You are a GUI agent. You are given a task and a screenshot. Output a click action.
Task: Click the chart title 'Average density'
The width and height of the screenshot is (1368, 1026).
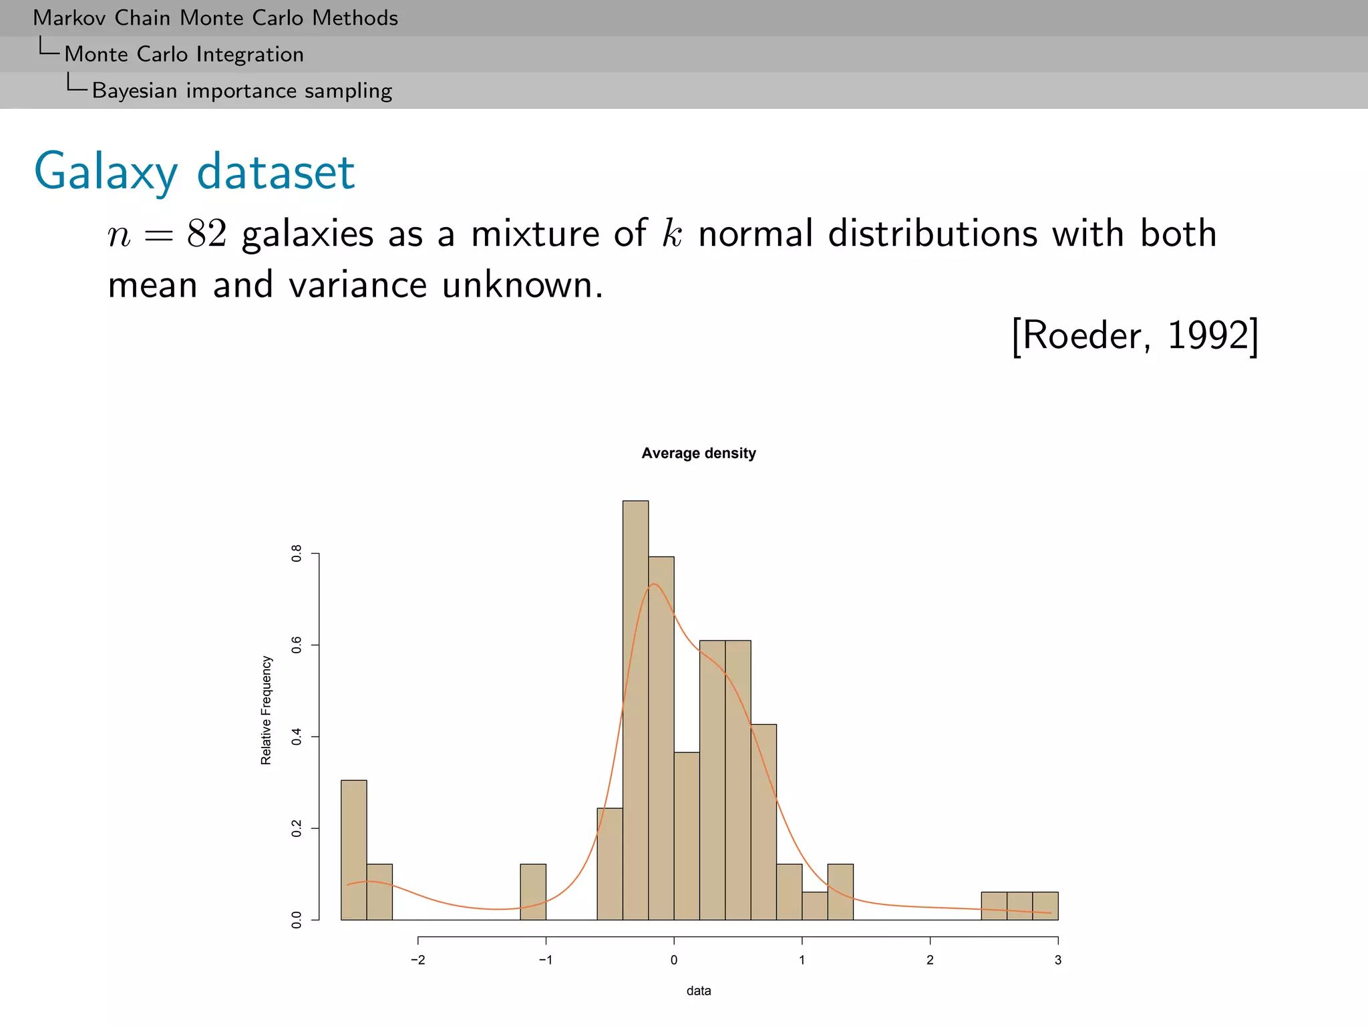[x=698, y=454]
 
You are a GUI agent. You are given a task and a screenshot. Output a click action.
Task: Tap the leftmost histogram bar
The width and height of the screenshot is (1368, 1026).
[x=353, y=850]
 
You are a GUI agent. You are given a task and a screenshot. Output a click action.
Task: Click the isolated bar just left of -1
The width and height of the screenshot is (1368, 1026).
[x=533, y=892]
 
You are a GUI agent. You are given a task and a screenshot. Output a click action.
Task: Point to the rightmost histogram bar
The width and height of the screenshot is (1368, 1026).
[x=1045, y=906]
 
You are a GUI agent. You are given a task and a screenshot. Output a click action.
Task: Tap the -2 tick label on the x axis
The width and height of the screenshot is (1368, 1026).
[x=417, y=961]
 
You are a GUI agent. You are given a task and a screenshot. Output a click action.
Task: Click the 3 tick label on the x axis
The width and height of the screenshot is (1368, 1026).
[x=1057, y=961]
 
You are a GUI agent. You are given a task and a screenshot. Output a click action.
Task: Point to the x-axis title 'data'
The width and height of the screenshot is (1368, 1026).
[x=698, y=991]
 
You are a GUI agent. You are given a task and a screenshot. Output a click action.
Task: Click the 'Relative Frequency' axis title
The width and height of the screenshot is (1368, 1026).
[x=267, y=710]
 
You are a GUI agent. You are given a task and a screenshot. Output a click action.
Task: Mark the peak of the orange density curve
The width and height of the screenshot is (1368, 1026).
[x=653, y=584]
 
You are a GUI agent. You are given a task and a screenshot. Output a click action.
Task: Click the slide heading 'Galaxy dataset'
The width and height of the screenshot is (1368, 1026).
[x=194, y=172]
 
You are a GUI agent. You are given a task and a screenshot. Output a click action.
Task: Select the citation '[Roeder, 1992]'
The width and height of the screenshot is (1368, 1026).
[x=1134, y=335]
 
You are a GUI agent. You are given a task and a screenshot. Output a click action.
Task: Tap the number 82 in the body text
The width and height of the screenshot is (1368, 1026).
[x=206, y=234]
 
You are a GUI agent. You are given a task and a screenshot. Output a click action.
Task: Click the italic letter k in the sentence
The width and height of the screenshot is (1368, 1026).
[x=671, y=234]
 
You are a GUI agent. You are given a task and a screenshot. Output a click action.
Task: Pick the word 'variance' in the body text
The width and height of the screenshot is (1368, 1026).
[x=357, y=285]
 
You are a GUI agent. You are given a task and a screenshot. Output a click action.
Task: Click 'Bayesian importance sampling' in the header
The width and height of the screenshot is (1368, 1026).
[x=242, y=90]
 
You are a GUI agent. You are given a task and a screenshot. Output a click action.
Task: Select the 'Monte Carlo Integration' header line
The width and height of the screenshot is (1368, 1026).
[x=184, y=54]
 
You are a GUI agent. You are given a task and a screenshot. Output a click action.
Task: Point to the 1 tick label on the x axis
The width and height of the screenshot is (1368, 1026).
[x=802, y=961]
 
